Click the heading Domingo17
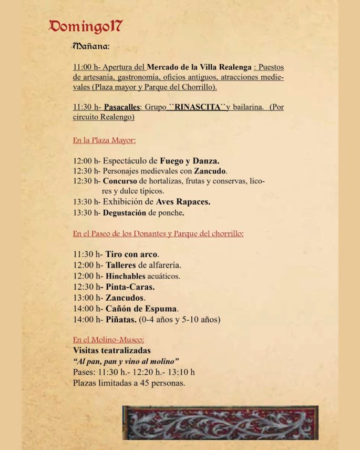[86, 26]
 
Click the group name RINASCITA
[197, 107]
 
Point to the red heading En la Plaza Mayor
[104, 140]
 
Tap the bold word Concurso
[120, 181]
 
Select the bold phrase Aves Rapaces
[183, 202]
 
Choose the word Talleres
[120, 265]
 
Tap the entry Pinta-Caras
[130, 287]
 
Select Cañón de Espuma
[141, 309]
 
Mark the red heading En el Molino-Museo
[108, 340]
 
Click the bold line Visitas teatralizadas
[111, 350]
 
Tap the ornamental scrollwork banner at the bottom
[220, 422]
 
